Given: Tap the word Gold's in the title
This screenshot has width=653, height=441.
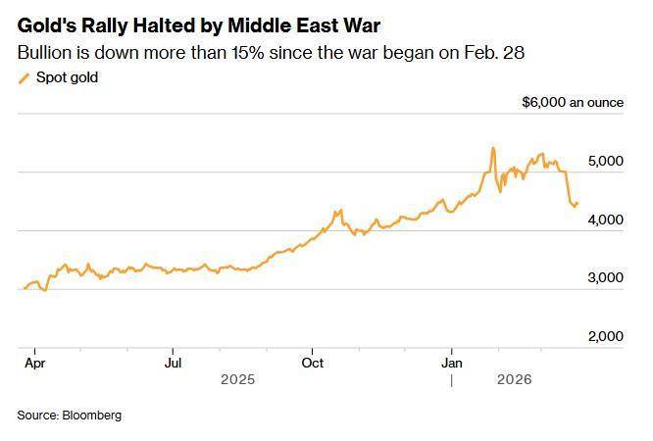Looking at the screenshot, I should (47, 25).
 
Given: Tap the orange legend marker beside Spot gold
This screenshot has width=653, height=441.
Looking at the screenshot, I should (25, 78).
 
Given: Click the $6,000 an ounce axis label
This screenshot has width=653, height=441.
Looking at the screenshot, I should (572, 102).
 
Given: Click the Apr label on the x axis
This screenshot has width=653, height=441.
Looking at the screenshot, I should (33, 361).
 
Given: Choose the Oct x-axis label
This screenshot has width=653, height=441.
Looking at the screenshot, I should (312, 361).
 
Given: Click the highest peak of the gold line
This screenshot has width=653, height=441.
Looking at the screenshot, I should (492, 148).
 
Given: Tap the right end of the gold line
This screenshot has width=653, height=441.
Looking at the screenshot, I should (577, 203).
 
